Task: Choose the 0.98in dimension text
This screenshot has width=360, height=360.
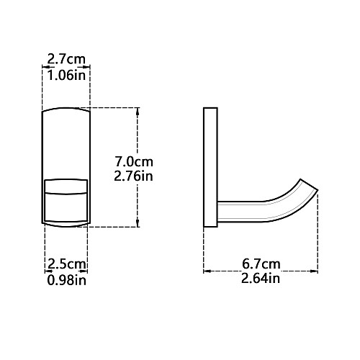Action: click(66, 279)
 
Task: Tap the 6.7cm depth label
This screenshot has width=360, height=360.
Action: click(260, 264)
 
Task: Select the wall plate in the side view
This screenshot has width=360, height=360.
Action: click(211, 166)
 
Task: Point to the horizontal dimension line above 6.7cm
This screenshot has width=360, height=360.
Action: click(260, 272)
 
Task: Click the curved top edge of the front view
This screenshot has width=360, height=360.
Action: click(66, 109)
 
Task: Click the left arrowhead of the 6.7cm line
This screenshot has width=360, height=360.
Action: click(207, 272)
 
